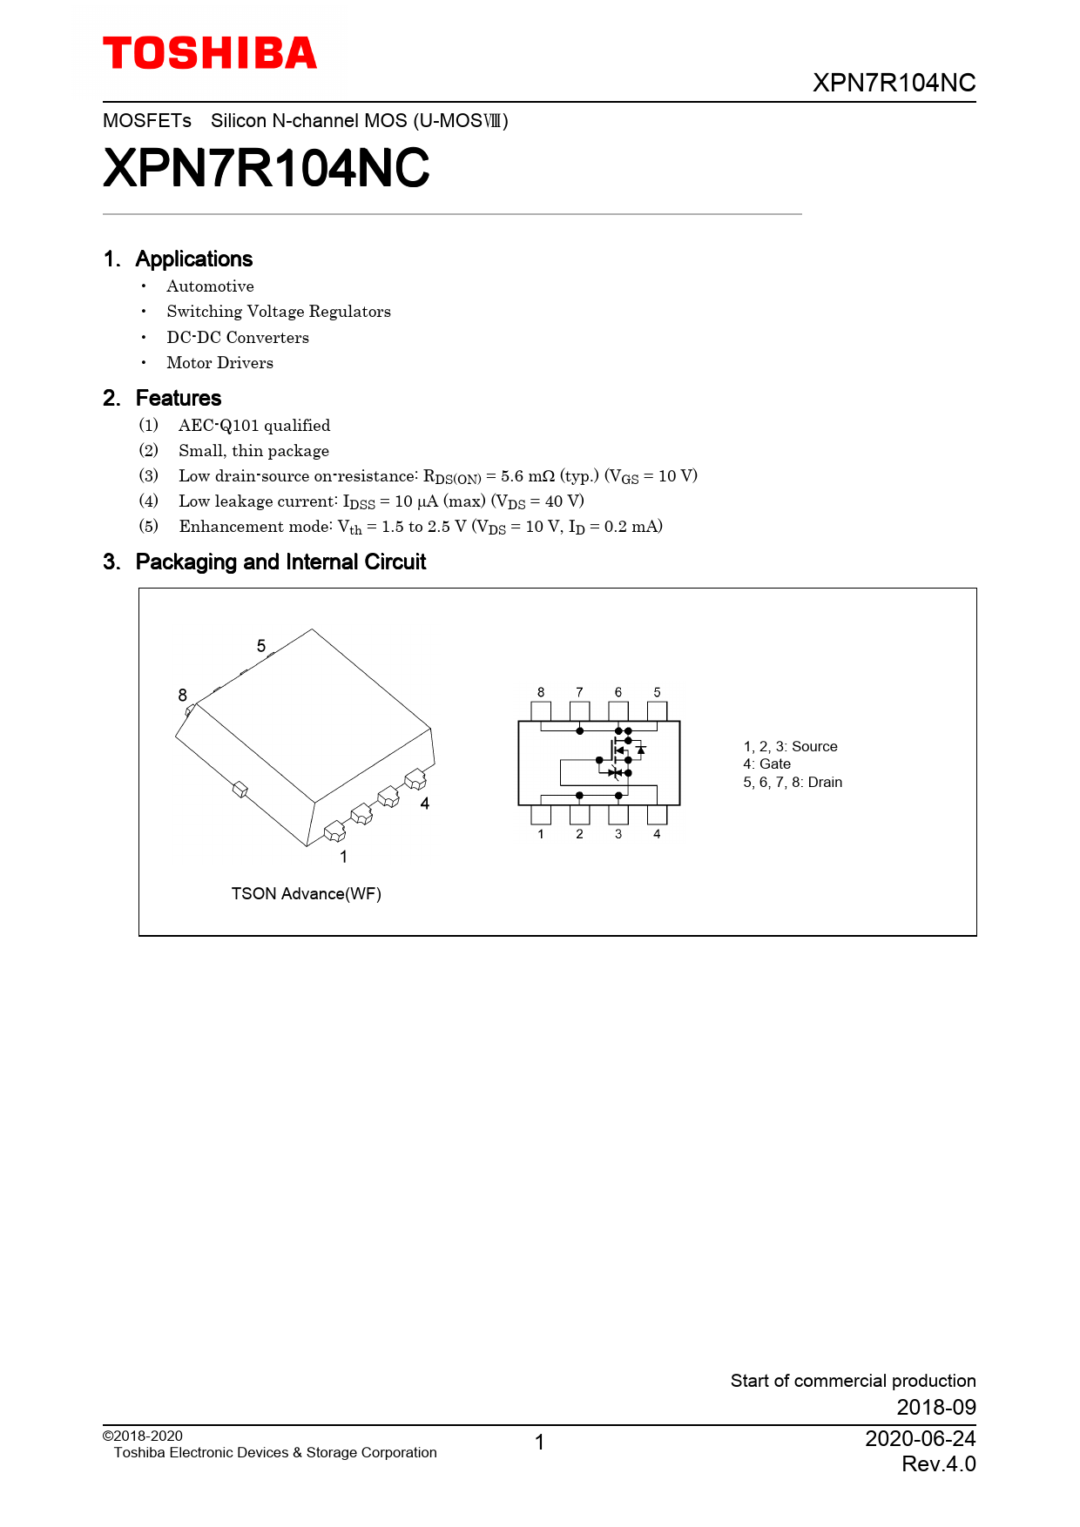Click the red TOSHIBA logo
tap(210, 54)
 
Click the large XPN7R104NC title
tap(267, 168)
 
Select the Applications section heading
tap(193, 259)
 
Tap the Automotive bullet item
tap(210, 286)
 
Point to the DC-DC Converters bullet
tap(237, 338)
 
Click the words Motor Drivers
tap(219, 363)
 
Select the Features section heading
tap(179, 399)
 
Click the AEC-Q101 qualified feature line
tap(254, 426)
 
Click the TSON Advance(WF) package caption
tap(306, 894)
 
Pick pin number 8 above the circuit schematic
tap(541, 692)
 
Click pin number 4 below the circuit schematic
tap(657, 834)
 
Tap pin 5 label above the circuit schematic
tap(657, 692)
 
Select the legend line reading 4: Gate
tap(766, 764)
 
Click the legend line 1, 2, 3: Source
tap(790, 747)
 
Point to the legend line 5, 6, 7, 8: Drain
tap(793, 783)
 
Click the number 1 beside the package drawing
tap(344, 857)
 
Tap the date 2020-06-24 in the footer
tap(920, 1438)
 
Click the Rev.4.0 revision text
tap(938, 1464)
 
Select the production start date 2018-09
tap(936, 1407)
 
